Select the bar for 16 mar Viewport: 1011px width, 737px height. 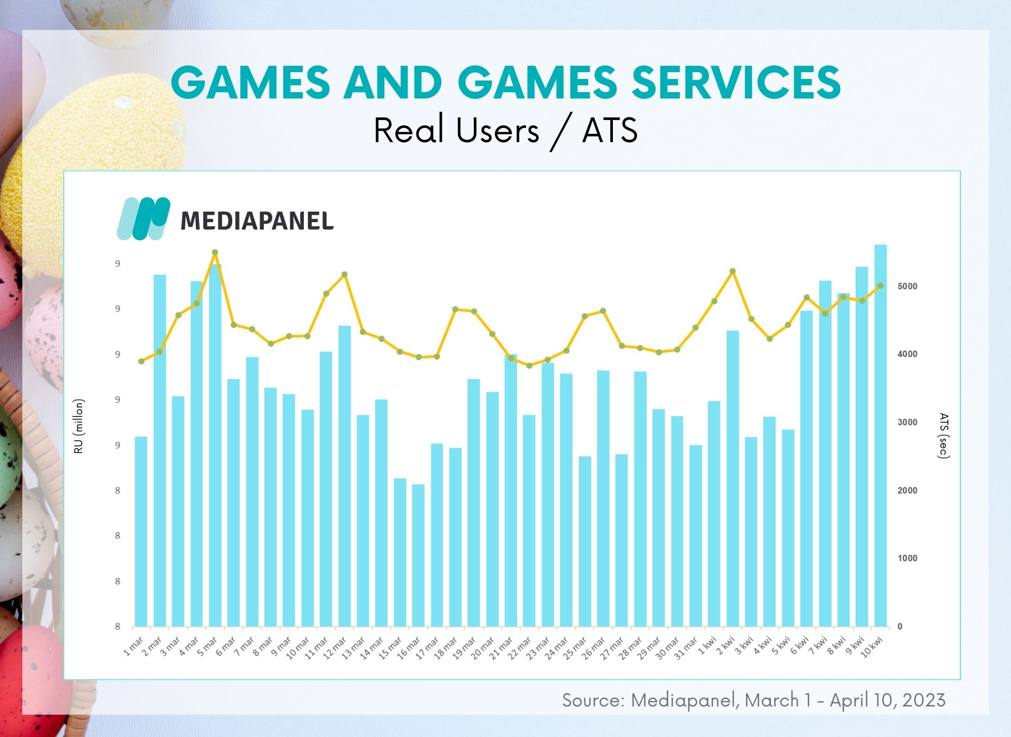[418, 555]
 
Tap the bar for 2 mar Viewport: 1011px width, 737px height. [160, 451]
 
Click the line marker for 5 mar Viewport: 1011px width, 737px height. [215, 253]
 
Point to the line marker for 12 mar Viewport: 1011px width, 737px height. [344, 274]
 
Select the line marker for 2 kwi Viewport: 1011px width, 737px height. [732, 271]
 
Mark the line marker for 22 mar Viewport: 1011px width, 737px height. [529, 365]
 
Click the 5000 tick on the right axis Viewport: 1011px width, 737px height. [907, 286]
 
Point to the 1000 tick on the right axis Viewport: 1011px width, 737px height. [907, 559]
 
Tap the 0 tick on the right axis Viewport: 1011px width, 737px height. [900, 626]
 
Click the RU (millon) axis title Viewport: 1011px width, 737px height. [79, 426]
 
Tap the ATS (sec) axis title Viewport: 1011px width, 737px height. [944, 436]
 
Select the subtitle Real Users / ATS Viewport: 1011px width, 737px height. [506, 131]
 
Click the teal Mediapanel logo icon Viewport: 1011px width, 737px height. [143, 218]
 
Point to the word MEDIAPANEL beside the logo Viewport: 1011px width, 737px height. [257, 221]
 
